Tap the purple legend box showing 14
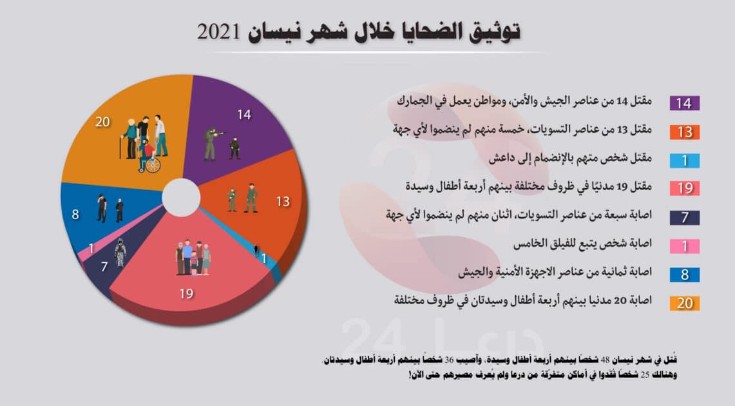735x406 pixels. [x=685, y=103]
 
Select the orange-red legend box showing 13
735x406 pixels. [x=685, y=132]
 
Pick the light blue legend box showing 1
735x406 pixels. [x=685, y=160]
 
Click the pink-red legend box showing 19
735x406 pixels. [x=685, y=189]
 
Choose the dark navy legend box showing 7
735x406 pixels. [x=685, y=217]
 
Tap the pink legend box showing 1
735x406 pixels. [x=685, y=246]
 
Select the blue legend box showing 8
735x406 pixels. [x=685, y=275]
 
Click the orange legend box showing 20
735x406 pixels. [x=685, y=303]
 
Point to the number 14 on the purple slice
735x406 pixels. [x=243, y=116]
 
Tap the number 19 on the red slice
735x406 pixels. [x=186, y=294]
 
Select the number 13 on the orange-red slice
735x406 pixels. [x=283, y=202]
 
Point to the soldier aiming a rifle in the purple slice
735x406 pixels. [x=212, y=142]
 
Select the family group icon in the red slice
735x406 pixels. [x=193, y=258]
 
